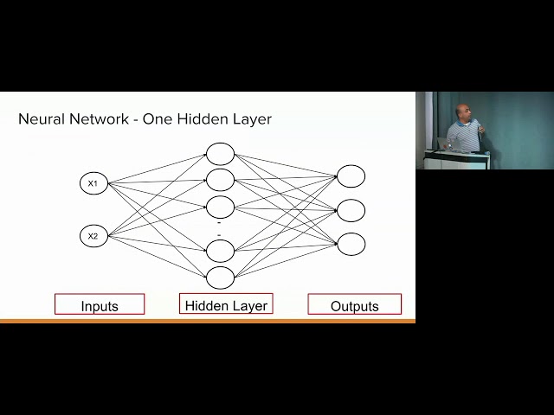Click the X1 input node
(93, 183)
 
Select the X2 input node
(93, 236)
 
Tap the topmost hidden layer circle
(220, 154)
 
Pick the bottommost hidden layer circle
(220, 278)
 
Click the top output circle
(351, 176)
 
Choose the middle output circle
(351, 210)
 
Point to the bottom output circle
(351, 244)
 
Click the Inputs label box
(100, 303)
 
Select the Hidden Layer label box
(226, 303)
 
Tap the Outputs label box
(355, 303)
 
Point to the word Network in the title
(100, 119)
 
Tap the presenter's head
(462, 112)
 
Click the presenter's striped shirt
(464, 136)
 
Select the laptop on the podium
(446, 144)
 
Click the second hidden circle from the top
(220, 180)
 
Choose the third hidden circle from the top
(220, 207)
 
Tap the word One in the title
(158, 119)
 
